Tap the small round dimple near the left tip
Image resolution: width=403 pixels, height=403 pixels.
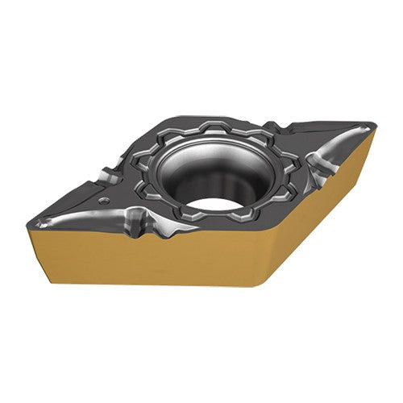[104, 199]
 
